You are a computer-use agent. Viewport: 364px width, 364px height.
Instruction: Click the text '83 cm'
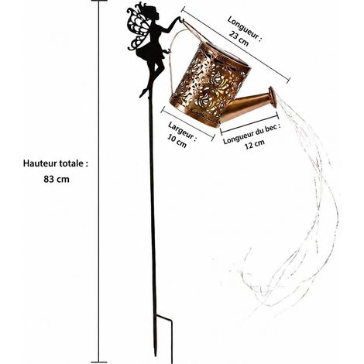click(57, 179)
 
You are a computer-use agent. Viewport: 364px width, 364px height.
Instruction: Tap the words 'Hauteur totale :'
click(56, 163)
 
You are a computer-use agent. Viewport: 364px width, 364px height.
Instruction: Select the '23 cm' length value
click(239, 39)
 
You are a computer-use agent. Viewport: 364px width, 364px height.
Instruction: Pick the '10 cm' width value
click(177, 141)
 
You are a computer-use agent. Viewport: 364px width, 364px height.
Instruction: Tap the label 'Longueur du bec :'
click(252, 134)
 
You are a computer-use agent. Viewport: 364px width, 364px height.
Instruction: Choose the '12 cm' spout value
click(255, 144)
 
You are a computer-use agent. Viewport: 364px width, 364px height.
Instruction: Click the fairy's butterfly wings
click(136, 29)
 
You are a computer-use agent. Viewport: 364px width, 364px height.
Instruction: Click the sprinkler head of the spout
click(272, 98)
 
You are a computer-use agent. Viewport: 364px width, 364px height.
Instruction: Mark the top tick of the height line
click(98, 1)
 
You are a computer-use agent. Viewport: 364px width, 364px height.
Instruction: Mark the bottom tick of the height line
click(99, 362)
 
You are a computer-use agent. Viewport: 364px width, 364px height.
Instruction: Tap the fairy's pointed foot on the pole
click(143, 93)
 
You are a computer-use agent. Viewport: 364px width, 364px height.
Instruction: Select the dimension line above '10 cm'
click(187, 124)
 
